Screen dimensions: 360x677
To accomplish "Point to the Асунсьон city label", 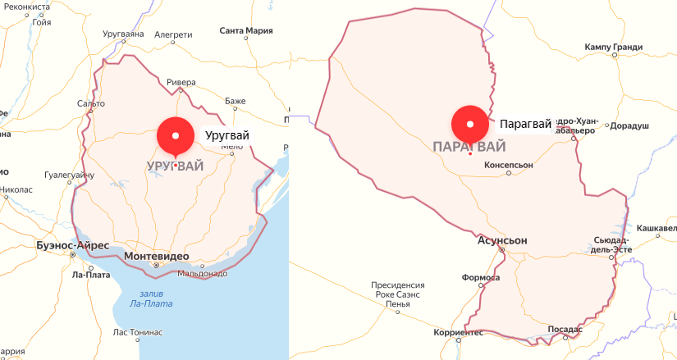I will (502, 241).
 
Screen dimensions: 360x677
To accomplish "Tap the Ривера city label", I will (181, 82).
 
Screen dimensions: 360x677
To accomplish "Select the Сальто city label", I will (90, 104).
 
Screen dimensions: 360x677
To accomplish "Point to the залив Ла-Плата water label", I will (151, 298).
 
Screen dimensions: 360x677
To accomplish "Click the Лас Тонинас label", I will (138, 332).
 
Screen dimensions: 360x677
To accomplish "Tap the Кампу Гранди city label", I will (614, 47).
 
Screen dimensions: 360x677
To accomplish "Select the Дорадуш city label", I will (630, 126).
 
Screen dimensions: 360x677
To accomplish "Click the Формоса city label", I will (481, 277).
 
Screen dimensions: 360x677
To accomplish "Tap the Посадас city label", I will (565, 329).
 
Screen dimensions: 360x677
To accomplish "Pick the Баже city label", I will (236, 101).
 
